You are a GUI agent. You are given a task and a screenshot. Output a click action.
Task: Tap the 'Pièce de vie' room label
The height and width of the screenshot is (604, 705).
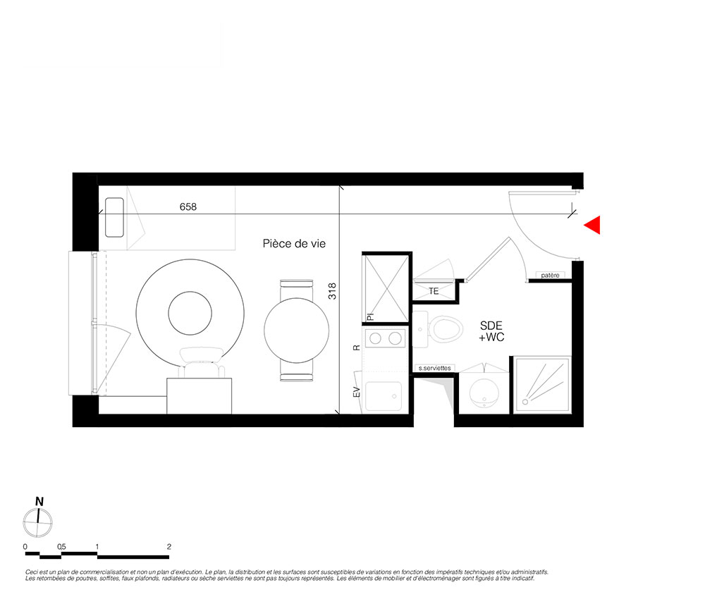coord(294,244)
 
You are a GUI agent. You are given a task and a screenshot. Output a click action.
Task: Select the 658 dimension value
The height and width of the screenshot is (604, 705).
coord(188,207)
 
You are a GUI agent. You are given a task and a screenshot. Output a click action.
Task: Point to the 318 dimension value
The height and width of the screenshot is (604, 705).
coord(332,291)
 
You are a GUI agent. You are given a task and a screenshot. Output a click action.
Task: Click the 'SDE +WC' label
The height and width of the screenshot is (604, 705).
coord(491,331)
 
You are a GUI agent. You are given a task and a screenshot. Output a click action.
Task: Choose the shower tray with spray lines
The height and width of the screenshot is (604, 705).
coord(542,385)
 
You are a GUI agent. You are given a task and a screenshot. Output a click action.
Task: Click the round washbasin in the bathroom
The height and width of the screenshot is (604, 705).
coord(484,393)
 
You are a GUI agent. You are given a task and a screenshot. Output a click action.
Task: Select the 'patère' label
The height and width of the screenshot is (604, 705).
coord(550,275)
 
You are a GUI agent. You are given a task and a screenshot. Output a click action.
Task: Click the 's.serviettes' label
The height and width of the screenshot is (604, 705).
coord(434,368)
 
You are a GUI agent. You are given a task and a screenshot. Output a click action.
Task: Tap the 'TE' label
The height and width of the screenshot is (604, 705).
coord(434,291)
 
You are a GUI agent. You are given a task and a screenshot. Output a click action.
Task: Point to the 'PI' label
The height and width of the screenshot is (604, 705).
coord(371,317)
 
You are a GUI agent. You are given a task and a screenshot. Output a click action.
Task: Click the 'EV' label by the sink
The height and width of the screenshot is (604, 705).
coord(357,392)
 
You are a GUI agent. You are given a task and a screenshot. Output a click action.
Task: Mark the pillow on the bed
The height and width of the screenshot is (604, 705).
coord(114,218)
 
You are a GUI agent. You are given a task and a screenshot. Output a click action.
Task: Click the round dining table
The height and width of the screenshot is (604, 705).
coord(296,331)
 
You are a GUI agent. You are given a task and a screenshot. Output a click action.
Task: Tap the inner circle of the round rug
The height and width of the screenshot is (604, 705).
coord(190,313)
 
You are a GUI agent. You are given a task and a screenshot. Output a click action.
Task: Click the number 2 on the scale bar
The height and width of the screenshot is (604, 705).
coord(169,547)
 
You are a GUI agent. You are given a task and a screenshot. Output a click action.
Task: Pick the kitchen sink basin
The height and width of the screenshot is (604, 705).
coord(383,396)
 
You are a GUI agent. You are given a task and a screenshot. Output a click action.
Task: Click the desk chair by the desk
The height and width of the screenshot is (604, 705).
coord(202,362)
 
